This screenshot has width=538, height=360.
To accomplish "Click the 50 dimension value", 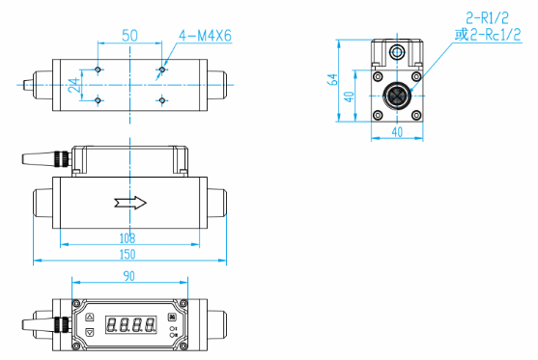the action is click(x=129, y=36).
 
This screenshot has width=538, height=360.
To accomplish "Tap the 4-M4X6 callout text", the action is click(x=205, y=36).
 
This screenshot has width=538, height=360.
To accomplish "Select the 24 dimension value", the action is click(x=73, y=85).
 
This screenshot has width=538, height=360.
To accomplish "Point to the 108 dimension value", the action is click(x=127, y=238).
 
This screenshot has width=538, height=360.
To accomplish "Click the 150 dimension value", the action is click(x=127, y=255).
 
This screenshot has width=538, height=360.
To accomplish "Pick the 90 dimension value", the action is click(x=129, y=276).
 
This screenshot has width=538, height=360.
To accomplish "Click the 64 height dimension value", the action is click(x=332, y=79).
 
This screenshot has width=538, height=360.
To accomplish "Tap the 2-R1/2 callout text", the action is click(x=487, y=17).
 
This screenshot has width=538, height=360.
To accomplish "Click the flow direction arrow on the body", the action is click(x=130, y=203).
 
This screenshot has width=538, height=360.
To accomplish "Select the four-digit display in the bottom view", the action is click(x=130, y=324).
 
